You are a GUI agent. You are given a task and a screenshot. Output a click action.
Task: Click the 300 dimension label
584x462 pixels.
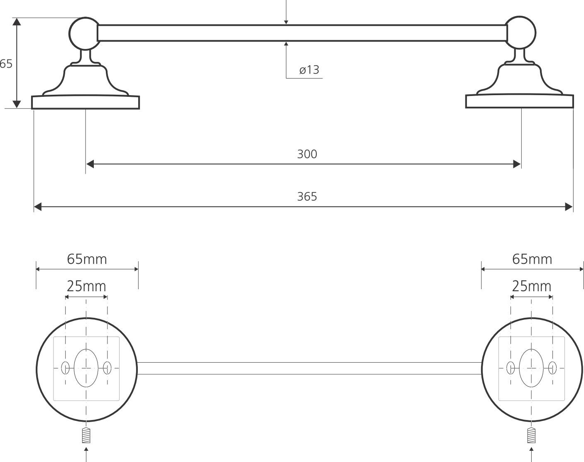[307, 154]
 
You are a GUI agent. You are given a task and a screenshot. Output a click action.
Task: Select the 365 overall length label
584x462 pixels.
[307, 197]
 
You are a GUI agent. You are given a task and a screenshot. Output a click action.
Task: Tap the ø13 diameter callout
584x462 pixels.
[309, 70]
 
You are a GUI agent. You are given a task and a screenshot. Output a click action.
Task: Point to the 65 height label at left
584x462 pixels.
[6, 64]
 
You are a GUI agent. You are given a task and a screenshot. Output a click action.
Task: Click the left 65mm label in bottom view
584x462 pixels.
[87, 259]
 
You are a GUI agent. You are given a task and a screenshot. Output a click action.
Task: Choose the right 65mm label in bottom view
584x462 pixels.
[532, 259]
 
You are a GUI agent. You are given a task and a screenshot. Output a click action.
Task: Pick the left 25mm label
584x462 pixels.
[86, 286]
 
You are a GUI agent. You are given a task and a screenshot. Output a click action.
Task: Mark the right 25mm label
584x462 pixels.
[531, 286]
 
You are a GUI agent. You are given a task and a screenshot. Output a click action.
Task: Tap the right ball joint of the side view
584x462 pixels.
[520, 32]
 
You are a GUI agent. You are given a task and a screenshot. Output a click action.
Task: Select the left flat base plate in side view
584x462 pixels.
[86, 103]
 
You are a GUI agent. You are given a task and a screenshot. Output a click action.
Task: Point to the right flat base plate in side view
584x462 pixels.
[519, 102]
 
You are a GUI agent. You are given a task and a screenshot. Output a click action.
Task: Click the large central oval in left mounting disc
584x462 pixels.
[86, 368]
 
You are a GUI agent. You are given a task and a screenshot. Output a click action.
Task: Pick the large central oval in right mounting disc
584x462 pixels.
[531, 368]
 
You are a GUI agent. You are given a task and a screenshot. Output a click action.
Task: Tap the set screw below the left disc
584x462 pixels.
[86, 435]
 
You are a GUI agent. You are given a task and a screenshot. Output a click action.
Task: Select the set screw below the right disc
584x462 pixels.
[531, 435]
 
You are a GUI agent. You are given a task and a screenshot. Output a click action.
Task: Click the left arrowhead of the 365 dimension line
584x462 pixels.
[38, 207]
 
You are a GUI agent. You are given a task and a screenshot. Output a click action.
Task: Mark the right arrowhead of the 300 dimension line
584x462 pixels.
[517, 164]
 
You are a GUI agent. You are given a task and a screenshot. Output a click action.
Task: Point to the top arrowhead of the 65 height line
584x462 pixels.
[17, 22]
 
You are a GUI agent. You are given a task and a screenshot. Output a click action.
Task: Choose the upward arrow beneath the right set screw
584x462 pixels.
[531, 450]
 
